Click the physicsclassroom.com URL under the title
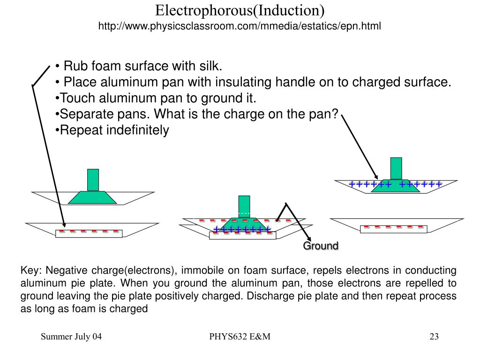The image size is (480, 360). click(x=240, y=26)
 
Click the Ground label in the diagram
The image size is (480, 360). click(x=321, y=246)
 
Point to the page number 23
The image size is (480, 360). click(x=434, y=337)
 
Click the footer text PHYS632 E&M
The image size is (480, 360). click(x=240, y=337)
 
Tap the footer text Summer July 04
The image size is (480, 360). click(x=71, y=337)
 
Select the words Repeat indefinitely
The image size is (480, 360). click(x=114, y=130)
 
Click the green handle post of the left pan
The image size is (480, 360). click(x=93, y=180)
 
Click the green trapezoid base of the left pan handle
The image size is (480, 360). click(x=93, y=197)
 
